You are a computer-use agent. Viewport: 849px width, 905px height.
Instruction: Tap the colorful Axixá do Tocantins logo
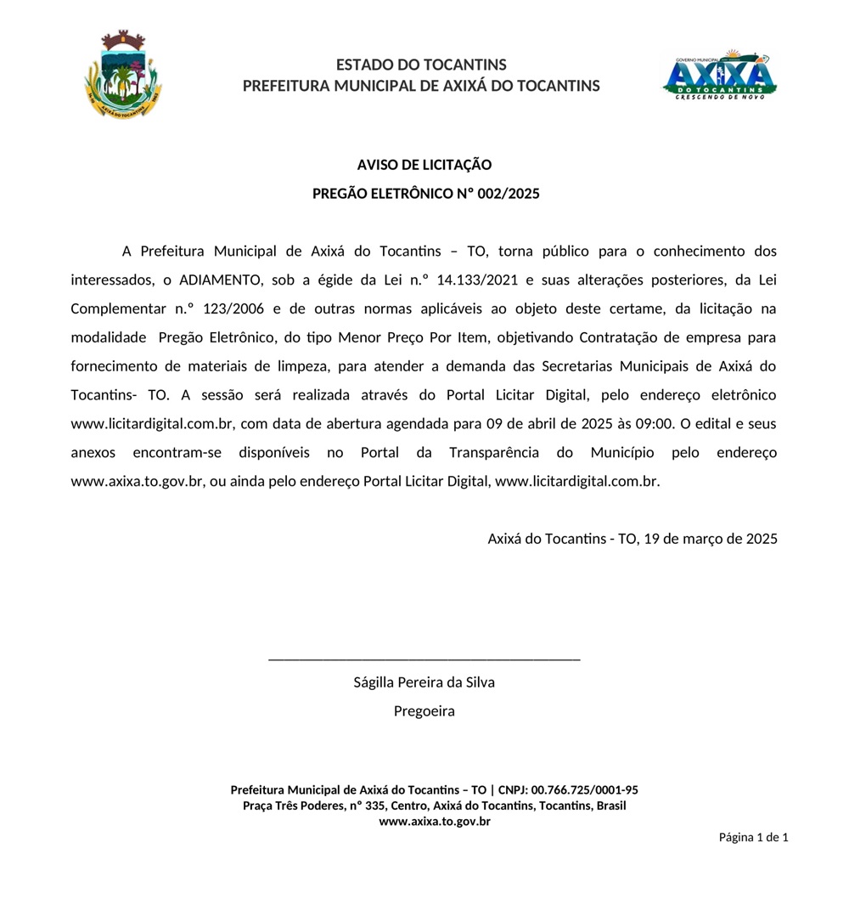[719, 75]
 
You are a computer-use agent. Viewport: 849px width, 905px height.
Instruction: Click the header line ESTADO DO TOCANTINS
[421, 65]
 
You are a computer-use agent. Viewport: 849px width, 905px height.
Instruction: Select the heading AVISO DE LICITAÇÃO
[424, 165]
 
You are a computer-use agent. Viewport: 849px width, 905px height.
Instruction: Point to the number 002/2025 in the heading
[509, 194]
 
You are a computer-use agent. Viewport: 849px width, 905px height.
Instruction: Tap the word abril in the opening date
[530, 423]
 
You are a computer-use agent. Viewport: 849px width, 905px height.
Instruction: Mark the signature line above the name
[424, 659]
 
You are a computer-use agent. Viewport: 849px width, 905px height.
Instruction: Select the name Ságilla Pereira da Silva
[424, 682]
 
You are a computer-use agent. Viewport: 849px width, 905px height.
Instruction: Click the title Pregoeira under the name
[424, 711]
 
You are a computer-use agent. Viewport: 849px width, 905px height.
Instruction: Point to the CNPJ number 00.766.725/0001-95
[584, 789]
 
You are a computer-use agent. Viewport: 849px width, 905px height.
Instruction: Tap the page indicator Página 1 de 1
[754, 837]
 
